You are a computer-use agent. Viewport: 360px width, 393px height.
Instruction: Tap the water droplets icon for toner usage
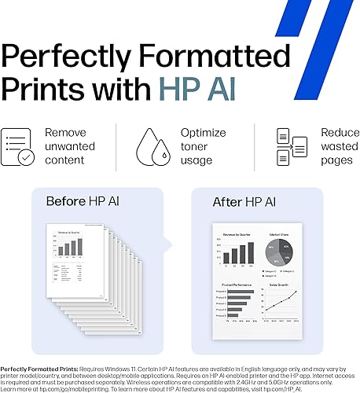(x=150, y=146)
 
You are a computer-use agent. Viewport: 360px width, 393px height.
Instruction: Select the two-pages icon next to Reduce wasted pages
(x=290, y=146)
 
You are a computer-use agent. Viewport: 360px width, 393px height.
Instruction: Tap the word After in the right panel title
(x=228, y=202)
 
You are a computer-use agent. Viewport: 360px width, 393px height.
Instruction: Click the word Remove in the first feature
(x=66, y=133)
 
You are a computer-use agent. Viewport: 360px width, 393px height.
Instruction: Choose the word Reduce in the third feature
(x=340, y=133)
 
